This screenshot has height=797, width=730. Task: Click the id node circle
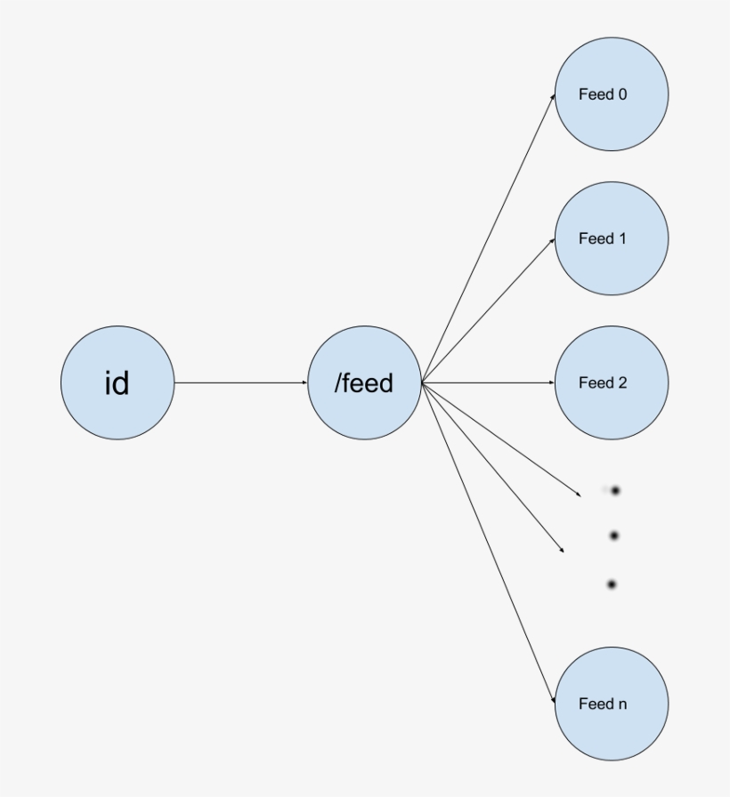(118, 382)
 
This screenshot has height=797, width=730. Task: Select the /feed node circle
(364, 382)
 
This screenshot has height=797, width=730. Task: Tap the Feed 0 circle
(611, 94)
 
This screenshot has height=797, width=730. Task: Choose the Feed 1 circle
(611, 238)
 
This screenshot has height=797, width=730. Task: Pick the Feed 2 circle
(611, 382)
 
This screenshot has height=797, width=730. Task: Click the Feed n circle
(611, 704)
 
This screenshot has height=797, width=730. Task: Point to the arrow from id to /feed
(240, 382)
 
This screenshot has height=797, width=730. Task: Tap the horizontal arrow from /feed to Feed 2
(488, 382)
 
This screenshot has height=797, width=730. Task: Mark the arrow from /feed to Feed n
(488, 543)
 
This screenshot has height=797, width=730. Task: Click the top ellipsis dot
(614, 490)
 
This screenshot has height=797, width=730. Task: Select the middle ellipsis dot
(614, 535)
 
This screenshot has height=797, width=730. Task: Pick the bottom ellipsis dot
(612, 584)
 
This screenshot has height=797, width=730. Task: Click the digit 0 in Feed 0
(622, 94)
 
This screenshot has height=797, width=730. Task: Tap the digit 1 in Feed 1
(622, 238)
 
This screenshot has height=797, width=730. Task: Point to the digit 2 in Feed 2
(622, 382)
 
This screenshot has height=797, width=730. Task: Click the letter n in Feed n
(622, 704)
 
